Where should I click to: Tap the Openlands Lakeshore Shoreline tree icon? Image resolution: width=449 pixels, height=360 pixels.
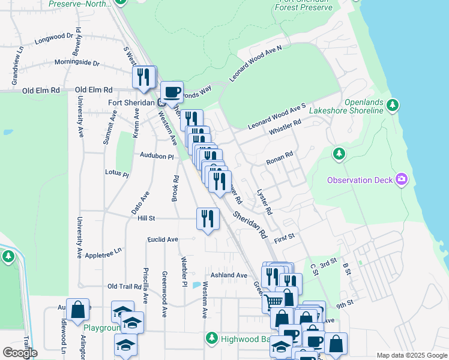393,106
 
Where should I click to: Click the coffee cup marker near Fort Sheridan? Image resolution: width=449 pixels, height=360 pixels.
172,92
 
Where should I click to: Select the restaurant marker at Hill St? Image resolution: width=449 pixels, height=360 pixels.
207,218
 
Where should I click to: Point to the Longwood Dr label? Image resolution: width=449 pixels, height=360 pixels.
57,40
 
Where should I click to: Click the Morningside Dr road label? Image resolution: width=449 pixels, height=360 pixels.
77,62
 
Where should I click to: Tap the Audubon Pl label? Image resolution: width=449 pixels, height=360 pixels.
157,156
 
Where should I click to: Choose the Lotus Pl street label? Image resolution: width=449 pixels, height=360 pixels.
117,173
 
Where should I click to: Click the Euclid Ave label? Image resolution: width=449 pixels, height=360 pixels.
163,239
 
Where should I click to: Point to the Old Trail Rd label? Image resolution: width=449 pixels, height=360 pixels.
124,287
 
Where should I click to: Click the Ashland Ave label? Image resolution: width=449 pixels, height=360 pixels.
229,275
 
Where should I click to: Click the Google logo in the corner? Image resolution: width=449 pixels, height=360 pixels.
20,353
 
